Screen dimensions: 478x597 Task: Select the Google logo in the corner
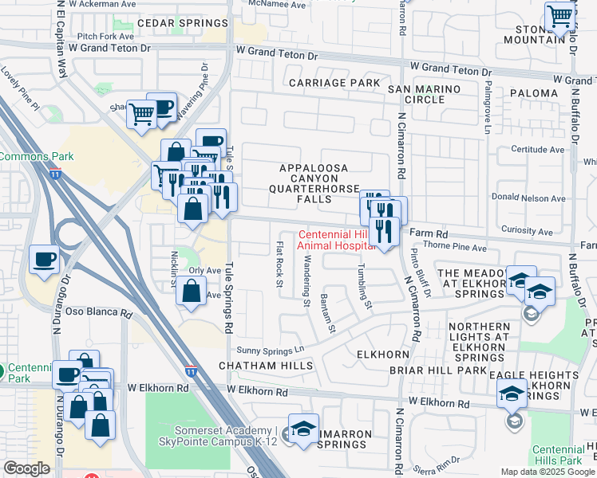tap(26, 468)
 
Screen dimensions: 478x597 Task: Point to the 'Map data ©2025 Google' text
tap(548, 472)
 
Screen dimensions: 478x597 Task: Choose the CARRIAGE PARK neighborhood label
tap(334, 83)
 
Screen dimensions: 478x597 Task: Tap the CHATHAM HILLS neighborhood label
tap(258, 366)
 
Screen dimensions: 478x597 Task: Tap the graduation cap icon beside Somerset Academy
tap(303, 429)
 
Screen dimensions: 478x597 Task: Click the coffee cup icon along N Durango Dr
tap(45, 260)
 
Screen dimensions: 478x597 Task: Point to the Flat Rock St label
tap(279, 260)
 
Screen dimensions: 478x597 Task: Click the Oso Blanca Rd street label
tap(98, 313)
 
